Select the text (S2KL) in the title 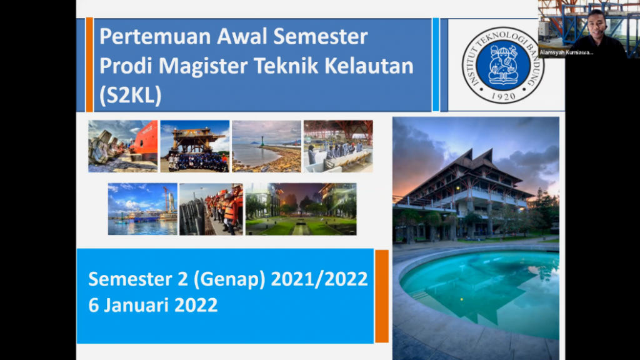click(x=131, y=96)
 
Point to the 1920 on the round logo click(x=503, y=96)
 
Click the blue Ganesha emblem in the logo click(x=503, y=65)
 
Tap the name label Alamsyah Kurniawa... click(x=566, y=52)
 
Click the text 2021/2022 click(x=319, y=279)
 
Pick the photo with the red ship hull click(x=123, y=146)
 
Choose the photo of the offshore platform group click(x=195, y=146)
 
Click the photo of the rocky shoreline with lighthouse click(x=266, y=146)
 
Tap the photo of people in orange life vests click(x=211, y=209)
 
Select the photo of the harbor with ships click(x=142, y=209)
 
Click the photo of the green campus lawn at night click(x=301, y=209)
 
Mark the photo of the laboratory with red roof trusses click(x=338, y=146)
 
